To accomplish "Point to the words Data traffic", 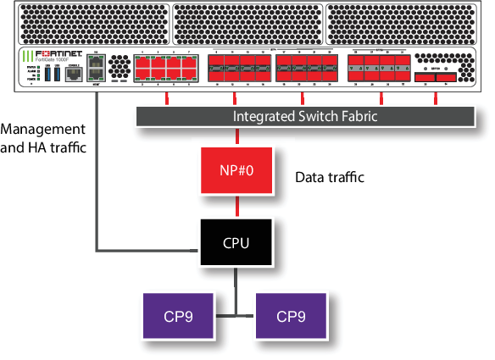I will coord(329,178).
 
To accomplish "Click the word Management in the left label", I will coord(43,130).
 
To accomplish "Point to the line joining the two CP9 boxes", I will coord(235,315).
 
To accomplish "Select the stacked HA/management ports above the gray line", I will coord(96,73).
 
